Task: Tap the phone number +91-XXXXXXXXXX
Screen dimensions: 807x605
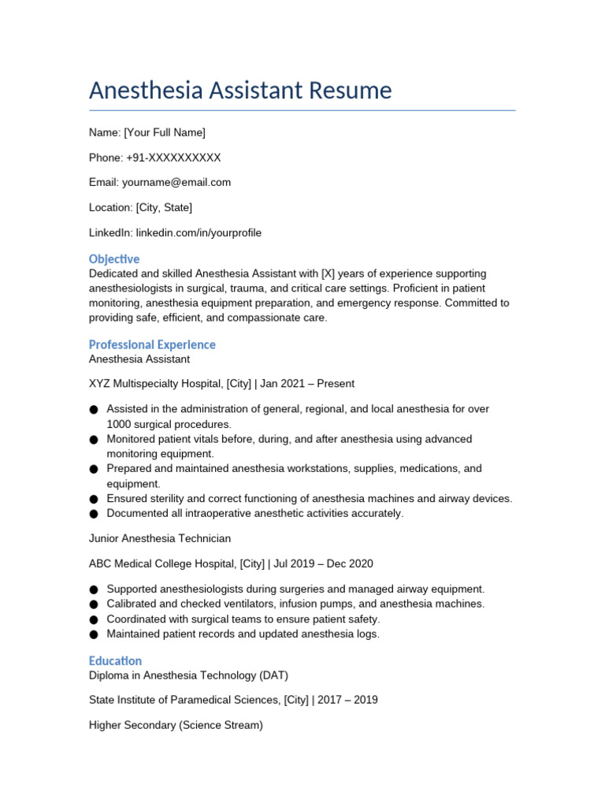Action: pyautogui.click(x=173, y=158)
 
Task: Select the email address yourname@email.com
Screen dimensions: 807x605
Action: pyautogui.click(x=176, y=182)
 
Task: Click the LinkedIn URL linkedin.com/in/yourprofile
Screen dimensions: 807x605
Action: pyautogui.click(x=199, y=232)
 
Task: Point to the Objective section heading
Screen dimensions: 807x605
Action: pyautogui.click(x=114, y=259)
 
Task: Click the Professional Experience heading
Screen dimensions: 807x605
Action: pyautogui.click(x=152, y=344)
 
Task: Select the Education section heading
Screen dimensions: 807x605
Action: pyautogui.click(x=115, y=660)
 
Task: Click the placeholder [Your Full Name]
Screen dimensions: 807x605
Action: pyautogui.click(x=165, y=132)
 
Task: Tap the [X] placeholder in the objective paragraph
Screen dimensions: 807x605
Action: pyautogui.click(x=329, y=273)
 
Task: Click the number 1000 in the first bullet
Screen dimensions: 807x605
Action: pyautogui.click(x=121, y=424)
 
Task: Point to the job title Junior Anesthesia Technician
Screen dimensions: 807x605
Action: pyautogui.click(x=160, y=538)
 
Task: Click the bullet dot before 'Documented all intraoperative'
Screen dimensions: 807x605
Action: pyautogui.click(x=94, y=514)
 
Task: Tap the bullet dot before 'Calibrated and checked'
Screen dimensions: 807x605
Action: pyautogui.click(x=94, y=604)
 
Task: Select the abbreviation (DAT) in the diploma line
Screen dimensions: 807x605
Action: pyautogui.click(x=273, y=675)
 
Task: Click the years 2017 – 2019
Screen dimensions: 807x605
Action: pyautogui.click(x=343, y=700)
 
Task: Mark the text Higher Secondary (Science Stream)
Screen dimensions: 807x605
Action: pyautogui.click(x=176, y=724)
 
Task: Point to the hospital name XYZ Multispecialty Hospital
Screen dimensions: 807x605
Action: pyautogui.click(x=155, y=384)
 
